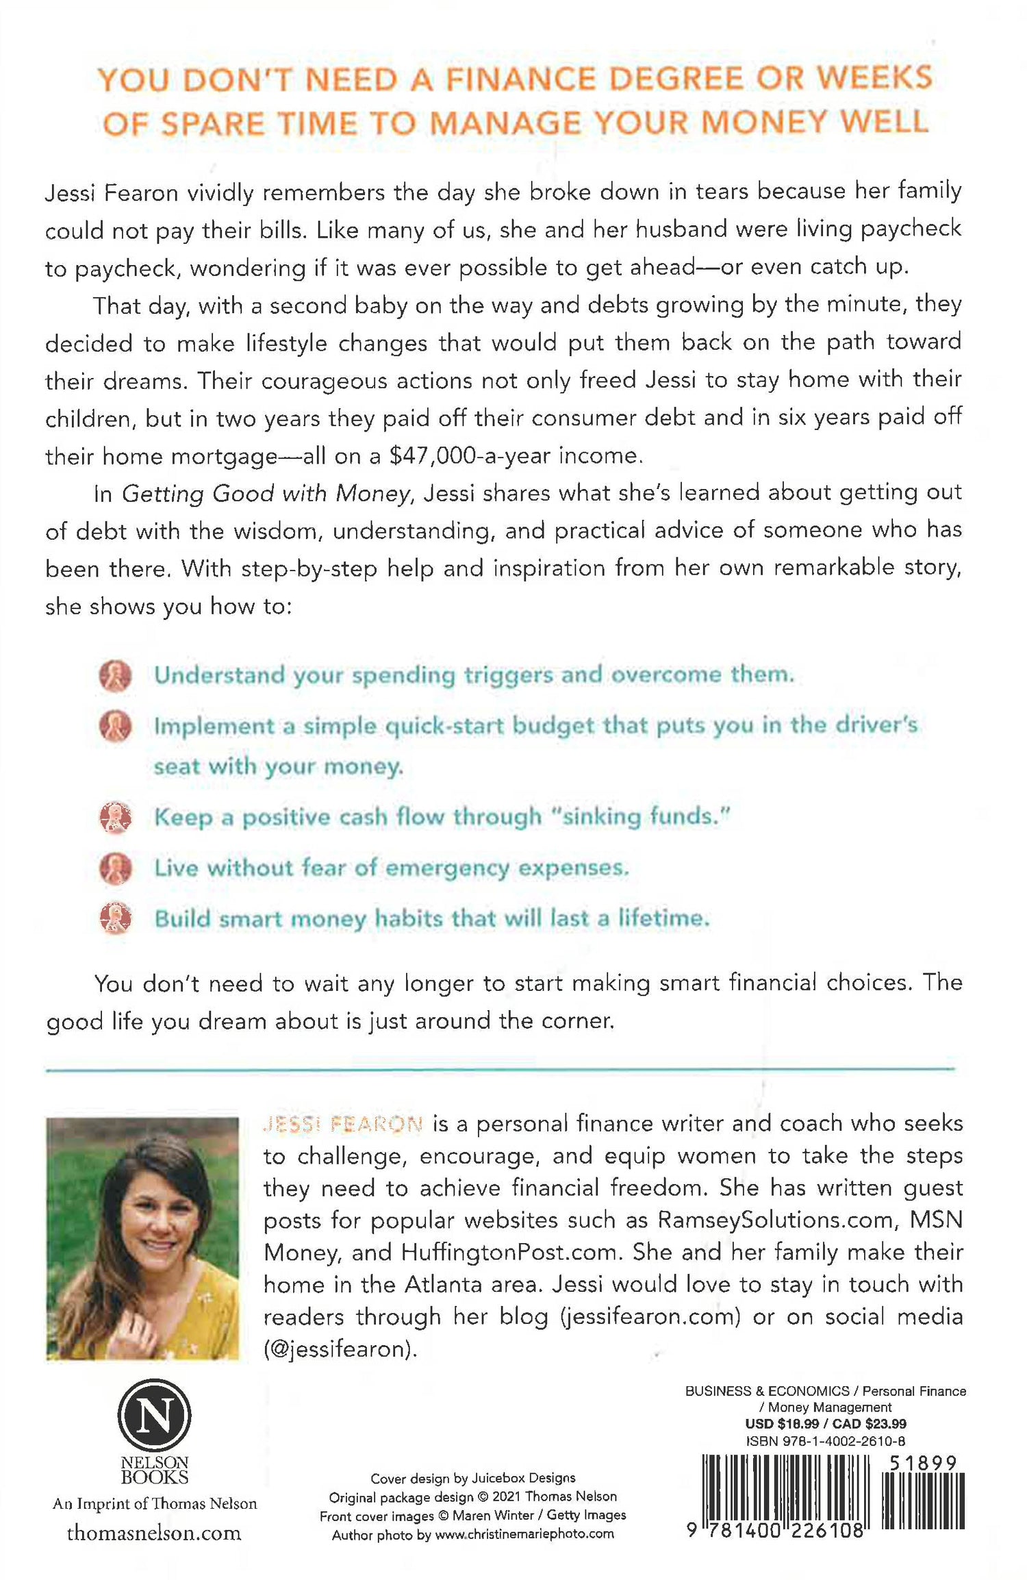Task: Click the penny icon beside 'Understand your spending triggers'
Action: click(115, 676)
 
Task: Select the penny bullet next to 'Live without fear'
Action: click(115, 868)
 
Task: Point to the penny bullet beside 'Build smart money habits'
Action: click(115, 918)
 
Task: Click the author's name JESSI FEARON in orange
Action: click(343, 1124)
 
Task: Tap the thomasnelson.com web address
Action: click(154, 1533)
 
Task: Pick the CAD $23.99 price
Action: click(870, 1424)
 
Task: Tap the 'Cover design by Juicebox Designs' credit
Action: click(472, 1478)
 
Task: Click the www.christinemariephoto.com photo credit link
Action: click(524, 1534)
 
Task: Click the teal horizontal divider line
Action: click(500, 1068)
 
